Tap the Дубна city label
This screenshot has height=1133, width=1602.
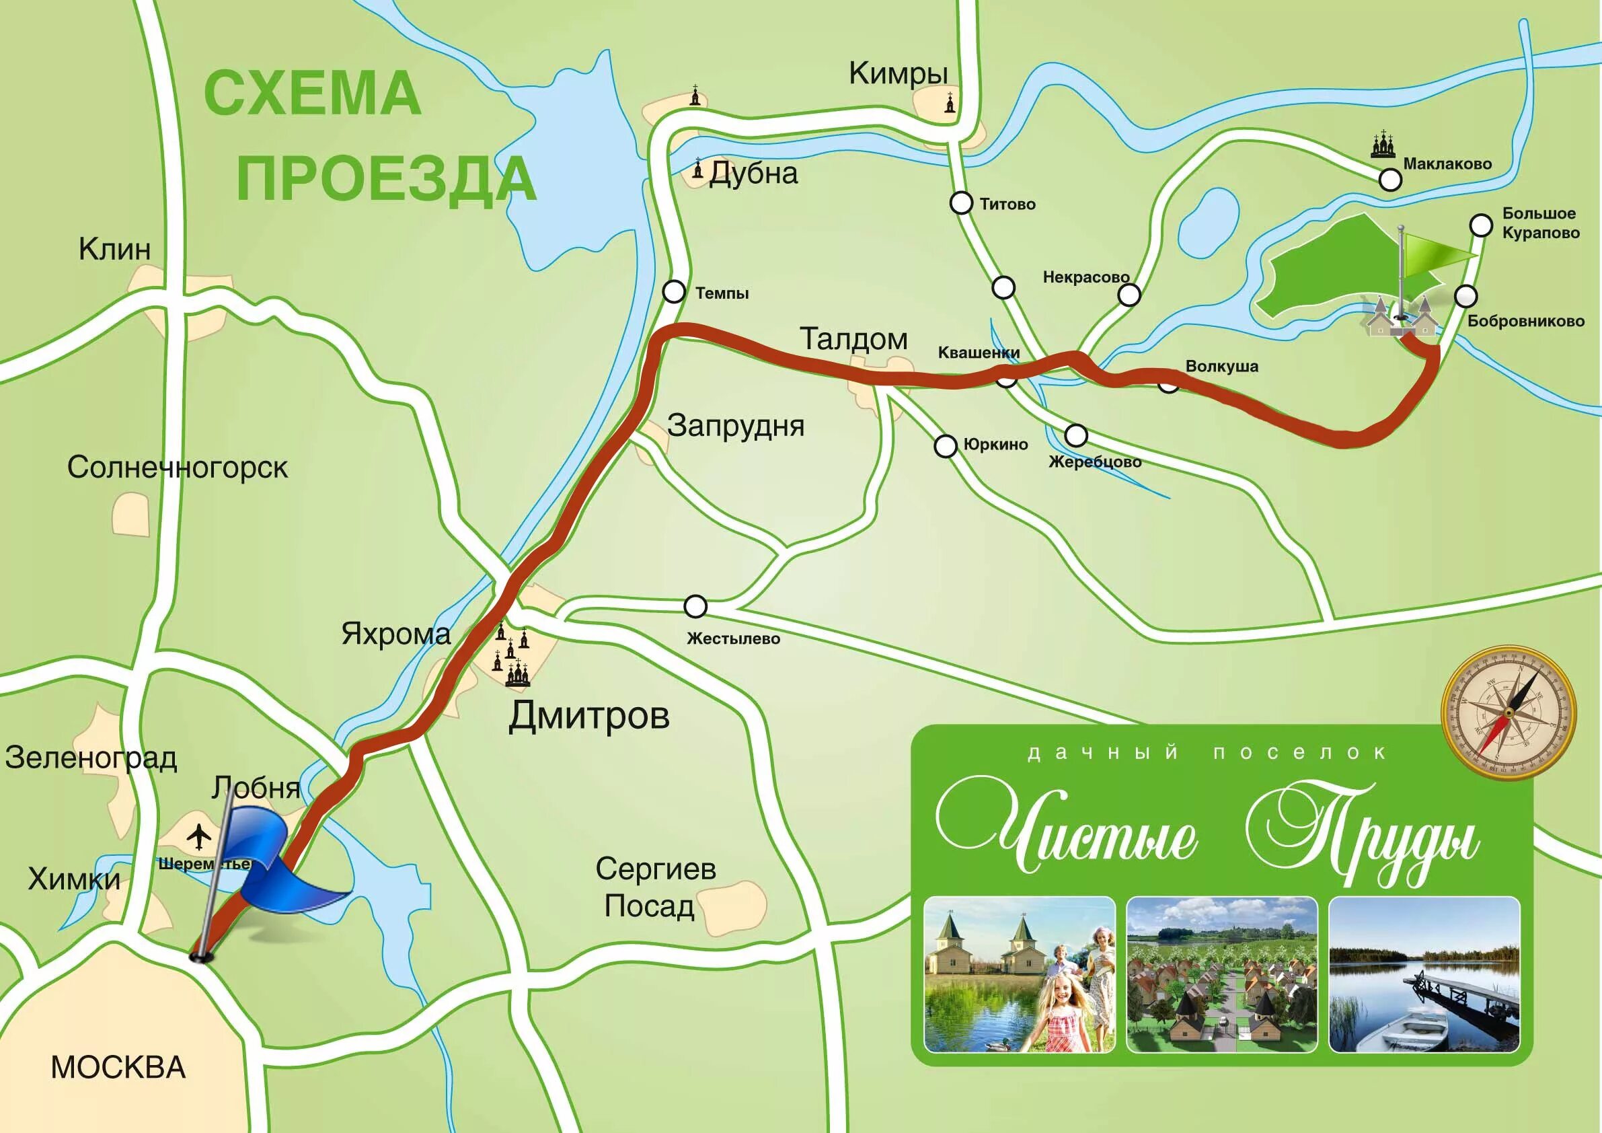pyautogui.click(x=753, y=174)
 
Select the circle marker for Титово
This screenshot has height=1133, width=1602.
pyautogui.click(x=961, y=203)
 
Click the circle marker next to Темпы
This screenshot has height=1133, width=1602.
pyautogui.click(x=673, y=291)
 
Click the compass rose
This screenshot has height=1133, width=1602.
pyautogui.click(x=1508, y=713)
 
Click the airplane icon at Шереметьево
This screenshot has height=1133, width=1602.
pyautogui.click(x=200, y=836)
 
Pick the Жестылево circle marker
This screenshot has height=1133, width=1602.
pyautogui.click(x=695, y=607)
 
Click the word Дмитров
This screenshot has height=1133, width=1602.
pyautogui.click(x=589, y=717)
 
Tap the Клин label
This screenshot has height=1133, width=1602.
pyautogui.click(x=114, y=249)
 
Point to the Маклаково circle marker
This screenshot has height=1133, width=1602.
pyautogui.click(x=1390, y=180)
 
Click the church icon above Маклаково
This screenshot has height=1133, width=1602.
pyautogui.click(x=1382, y=145)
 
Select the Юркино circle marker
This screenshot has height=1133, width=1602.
pyautogui.click(x=945, y=446)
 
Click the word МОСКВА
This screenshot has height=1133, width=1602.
pyautogui.click(x=118, y=1067)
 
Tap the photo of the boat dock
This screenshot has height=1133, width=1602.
pyautogui.click(x=1424, y=974)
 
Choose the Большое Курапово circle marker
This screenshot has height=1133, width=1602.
pyautogui.click(x=1480, y=225)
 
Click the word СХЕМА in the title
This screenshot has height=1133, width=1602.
pyautogui.click(x=312, y=94)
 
